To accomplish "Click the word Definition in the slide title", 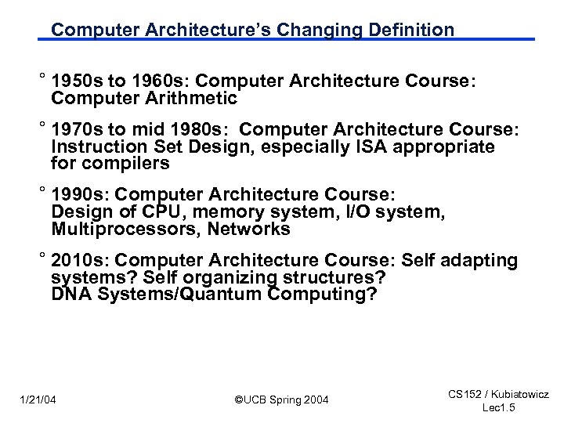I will pos(407,31).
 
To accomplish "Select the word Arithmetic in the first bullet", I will pos(187,99).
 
